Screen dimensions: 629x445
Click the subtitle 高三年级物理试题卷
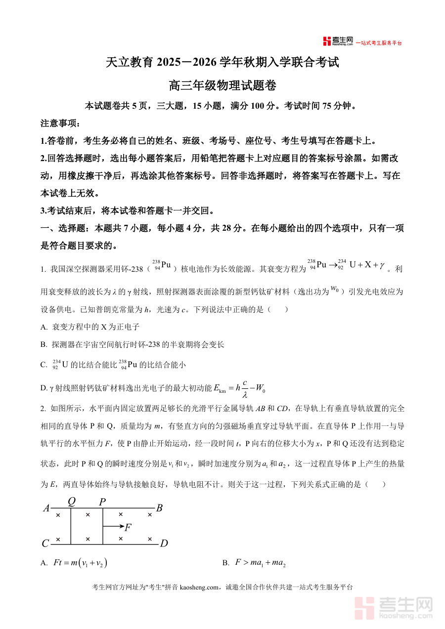222,85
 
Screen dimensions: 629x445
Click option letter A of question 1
44,327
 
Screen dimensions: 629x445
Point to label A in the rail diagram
46,508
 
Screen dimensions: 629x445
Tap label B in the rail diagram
159,508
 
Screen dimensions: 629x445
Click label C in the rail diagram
45,544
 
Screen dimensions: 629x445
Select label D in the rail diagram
164,544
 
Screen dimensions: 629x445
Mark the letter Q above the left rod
72,502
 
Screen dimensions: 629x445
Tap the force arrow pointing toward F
112,527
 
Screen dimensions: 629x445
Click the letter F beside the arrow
128,527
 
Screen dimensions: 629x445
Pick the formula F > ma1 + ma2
261,563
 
